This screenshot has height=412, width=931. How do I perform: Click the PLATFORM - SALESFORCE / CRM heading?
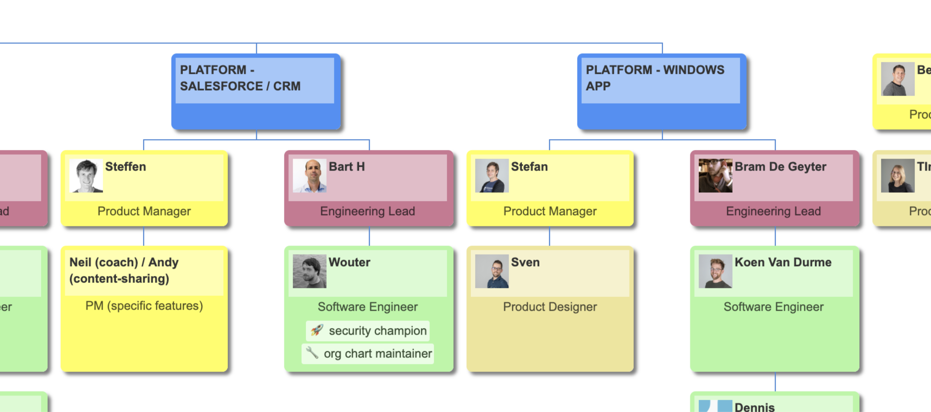tap(240, 78)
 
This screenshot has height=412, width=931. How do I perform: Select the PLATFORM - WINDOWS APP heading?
tap(655, 78)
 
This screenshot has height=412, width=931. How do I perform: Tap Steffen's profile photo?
tap(86, 176)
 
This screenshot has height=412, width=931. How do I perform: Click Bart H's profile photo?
tap(310, 176)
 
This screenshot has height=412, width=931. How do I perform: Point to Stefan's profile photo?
tap(491, 176)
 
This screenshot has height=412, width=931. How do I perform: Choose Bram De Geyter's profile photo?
tap(715, 176)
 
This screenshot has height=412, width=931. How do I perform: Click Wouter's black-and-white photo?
tap(310, 271)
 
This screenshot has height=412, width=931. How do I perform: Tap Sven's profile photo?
tap(491, 271)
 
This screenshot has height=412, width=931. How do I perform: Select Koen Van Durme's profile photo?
tap(715, 271)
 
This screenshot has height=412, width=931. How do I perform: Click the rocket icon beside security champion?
tap(317, 330)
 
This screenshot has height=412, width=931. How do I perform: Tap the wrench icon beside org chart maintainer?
tap(312, 353)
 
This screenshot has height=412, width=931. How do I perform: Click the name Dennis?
tap(754, 407)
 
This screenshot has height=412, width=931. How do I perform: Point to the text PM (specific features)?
tap(144, 306)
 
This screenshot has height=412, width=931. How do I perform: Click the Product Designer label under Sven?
tap(550, 307)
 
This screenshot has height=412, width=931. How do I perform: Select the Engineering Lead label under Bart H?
tap(367, 211)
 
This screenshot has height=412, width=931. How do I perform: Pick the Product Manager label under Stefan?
tap(550, 211)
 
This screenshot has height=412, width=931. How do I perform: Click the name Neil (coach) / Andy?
tap(124, 262)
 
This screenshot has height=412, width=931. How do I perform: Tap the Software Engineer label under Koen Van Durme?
tap(773, 307)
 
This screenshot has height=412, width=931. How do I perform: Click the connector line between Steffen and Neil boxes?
tap(144, 236)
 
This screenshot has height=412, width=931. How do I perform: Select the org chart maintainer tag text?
tap(377, 353)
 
